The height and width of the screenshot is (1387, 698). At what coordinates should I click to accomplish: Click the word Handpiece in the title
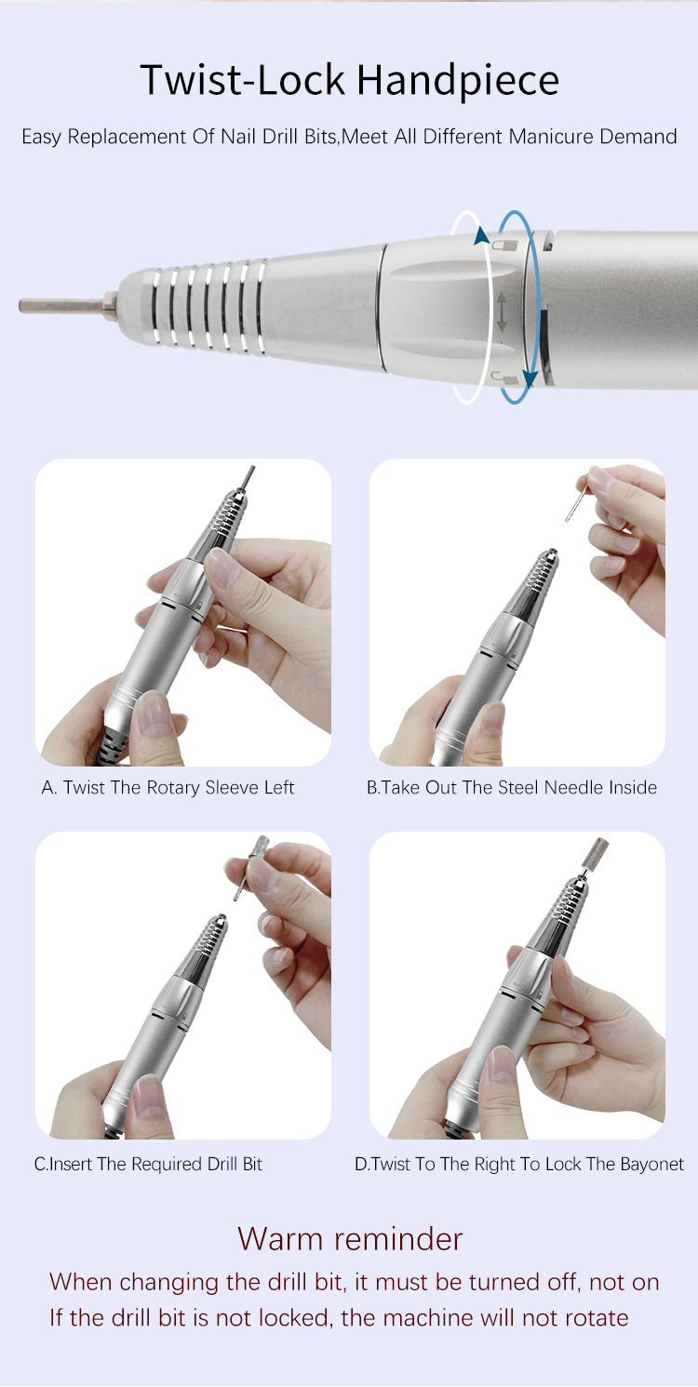point(458,81)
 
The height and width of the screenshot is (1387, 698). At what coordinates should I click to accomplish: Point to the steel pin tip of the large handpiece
point(20,305)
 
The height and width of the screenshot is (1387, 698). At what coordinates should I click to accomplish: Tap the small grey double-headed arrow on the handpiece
point(502,312)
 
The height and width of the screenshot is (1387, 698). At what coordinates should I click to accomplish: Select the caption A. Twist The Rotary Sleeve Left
point(168,787)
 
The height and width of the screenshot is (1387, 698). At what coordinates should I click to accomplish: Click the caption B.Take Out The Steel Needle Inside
point(512,787)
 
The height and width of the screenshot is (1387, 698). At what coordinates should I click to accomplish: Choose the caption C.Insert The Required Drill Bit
point(148,1164)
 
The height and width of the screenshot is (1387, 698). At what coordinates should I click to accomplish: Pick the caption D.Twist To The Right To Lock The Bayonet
point(519,1164)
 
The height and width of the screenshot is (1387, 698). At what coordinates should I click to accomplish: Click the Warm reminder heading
point(350,1238)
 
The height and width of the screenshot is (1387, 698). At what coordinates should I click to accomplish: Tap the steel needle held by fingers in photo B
point(576,502)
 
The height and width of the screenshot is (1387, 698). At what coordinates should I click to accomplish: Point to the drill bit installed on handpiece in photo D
point(595,855)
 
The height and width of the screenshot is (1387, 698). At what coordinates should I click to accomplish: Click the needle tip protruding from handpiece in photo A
point(249,477)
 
